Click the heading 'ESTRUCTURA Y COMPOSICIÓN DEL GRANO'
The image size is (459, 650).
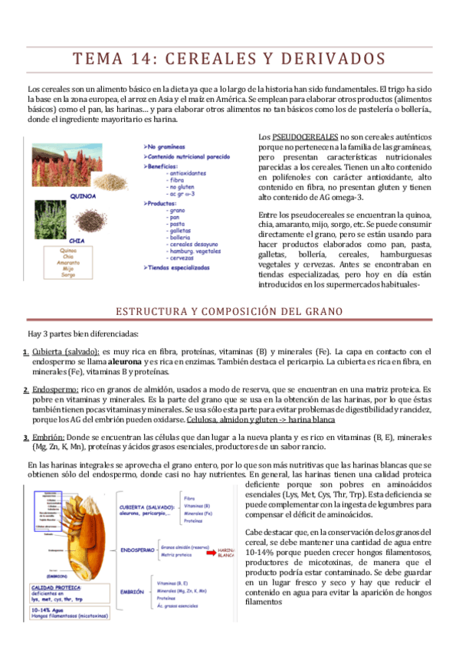pyautogui.click(x=229, y=310)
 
